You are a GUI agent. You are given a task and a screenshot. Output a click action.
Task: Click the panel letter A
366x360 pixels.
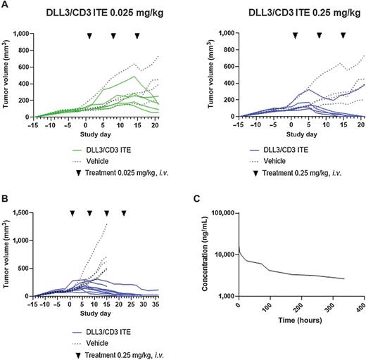(x=4, y=5)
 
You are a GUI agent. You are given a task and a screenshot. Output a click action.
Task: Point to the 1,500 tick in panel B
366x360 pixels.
(x=30, y=210)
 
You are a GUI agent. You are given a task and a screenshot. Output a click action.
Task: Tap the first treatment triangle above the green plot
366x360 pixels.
(x=89, y=35)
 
